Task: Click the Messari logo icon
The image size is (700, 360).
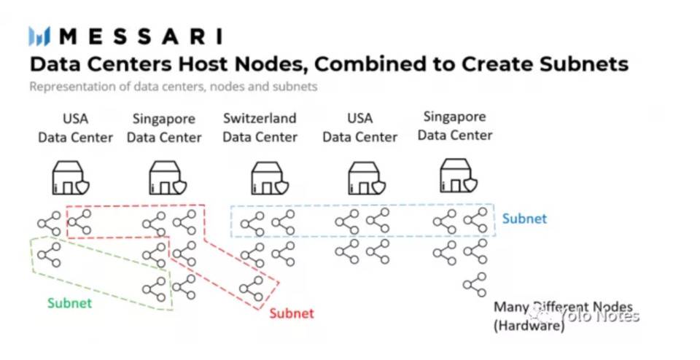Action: point(39,36)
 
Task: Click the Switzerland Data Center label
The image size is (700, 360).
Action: point(260,128)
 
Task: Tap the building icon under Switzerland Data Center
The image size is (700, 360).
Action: point(266,178)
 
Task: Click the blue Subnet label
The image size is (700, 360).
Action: point(524,219)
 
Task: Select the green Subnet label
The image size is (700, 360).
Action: point(70,303)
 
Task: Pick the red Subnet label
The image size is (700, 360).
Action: point(292,313)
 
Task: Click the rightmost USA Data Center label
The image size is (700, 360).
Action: point(359,128)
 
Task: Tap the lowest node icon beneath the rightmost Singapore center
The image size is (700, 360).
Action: point(475,283)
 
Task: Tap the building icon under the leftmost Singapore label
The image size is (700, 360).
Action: point(165,178)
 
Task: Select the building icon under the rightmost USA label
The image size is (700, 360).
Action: point(363,178)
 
